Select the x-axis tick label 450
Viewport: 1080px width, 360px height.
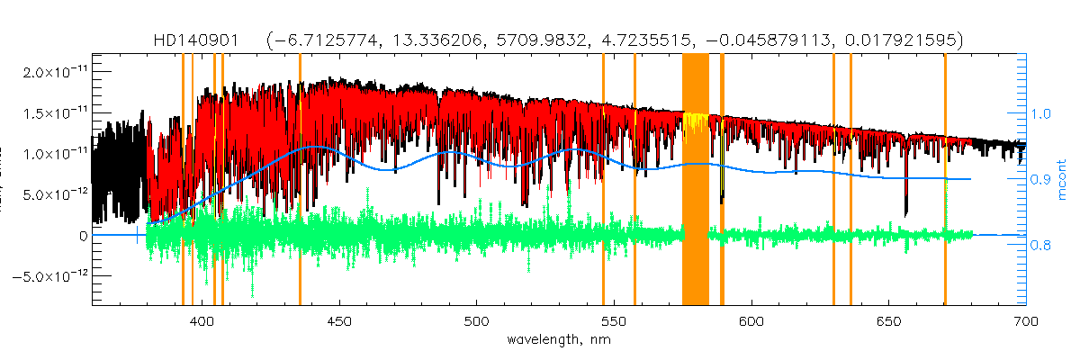pos(339,321)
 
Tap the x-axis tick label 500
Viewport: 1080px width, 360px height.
pos(476,321)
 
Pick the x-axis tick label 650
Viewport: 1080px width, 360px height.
pos(887,321)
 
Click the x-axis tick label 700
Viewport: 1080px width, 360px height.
pos(1025,321)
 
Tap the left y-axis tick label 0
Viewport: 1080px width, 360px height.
pos(84,236)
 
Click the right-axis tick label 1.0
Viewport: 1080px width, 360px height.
pos(1040,114)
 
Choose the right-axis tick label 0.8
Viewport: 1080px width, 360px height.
pos(1040,245)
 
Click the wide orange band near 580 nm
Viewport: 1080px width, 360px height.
pos(696,180)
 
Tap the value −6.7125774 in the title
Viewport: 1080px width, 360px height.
pos(325,40)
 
